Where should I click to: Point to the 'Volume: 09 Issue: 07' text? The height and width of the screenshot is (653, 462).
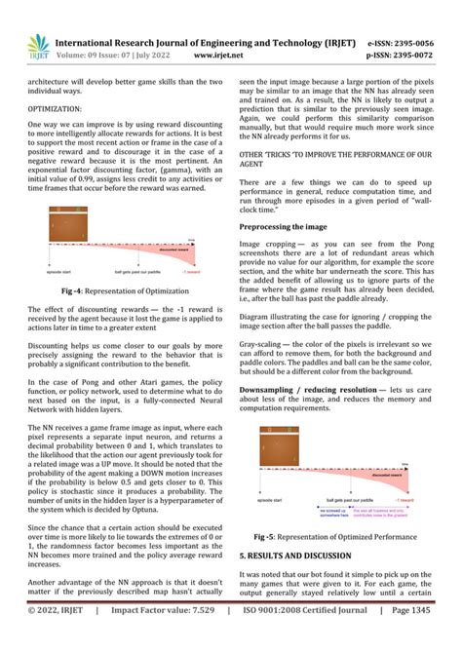pos(113,56)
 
